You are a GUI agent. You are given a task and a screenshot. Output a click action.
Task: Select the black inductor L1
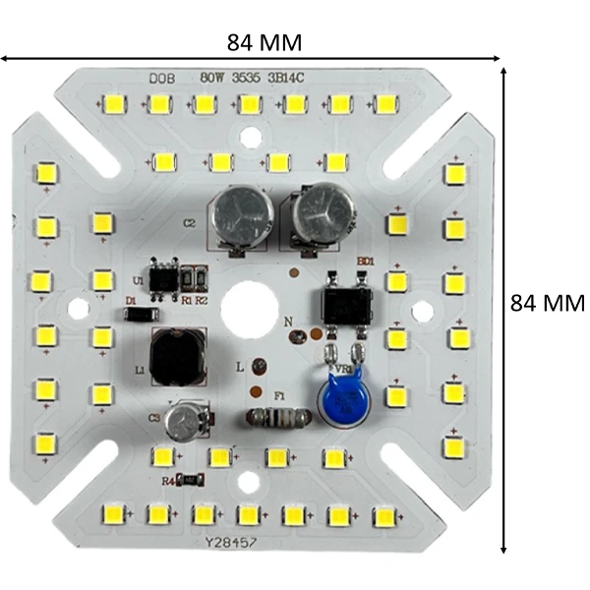176,358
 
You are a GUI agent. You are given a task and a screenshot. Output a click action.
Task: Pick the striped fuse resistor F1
280,417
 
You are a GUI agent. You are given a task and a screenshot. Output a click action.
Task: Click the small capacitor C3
186,423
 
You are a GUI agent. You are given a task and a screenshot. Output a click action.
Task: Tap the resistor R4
193,480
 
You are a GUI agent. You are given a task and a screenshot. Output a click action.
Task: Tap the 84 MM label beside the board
547,303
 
